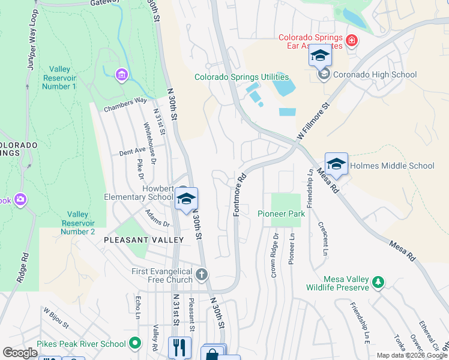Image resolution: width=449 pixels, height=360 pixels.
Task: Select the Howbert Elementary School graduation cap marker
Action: pyautogui.click(x=187, y=200)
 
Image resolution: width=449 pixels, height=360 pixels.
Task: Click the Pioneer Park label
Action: pyautogui.click(x=282, y=214)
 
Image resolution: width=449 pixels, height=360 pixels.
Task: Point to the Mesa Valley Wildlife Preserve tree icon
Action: pyautogui.click(x=378, y=281)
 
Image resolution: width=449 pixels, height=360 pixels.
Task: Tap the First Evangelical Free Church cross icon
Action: pyautogui.click(x=202, y=275)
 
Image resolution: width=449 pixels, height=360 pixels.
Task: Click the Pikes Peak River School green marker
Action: pyautogui.click(x=135, y=344)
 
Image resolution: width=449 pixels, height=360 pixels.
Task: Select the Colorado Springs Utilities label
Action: pyautogui.click(x=241, y=77)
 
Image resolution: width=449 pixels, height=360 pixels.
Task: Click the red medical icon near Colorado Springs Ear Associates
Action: pyautogui.click(x=351, y=41)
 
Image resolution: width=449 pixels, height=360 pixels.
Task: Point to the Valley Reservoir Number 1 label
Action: pyautogui.click(x=59, y=78)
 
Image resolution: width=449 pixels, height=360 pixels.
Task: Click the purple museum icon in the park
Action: pyautogui.click(x=122, y=74)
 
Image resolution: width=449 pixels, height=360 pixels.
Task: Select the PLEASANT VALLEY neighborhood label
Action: pyautogui.click(x=143, y=239)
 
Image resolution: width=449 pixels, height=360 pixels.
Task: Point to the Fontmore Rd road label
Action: pyautogui.click(x=240, y=195)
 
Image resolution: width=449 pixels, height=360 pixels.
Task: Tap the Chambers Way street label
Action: pyautogui.click(x=125, y=105)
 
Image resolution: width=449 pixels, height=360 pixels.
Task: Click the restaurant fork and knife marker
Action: pyautogui.click(x=179, y=347)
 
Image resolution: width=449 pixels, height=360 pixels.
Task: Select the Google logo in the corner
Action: pyautogui.click(x=20, y=353)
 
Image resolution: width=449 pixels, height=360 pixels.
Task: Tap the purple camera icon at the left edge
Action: pyautogui.click(x=21, y=199)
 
